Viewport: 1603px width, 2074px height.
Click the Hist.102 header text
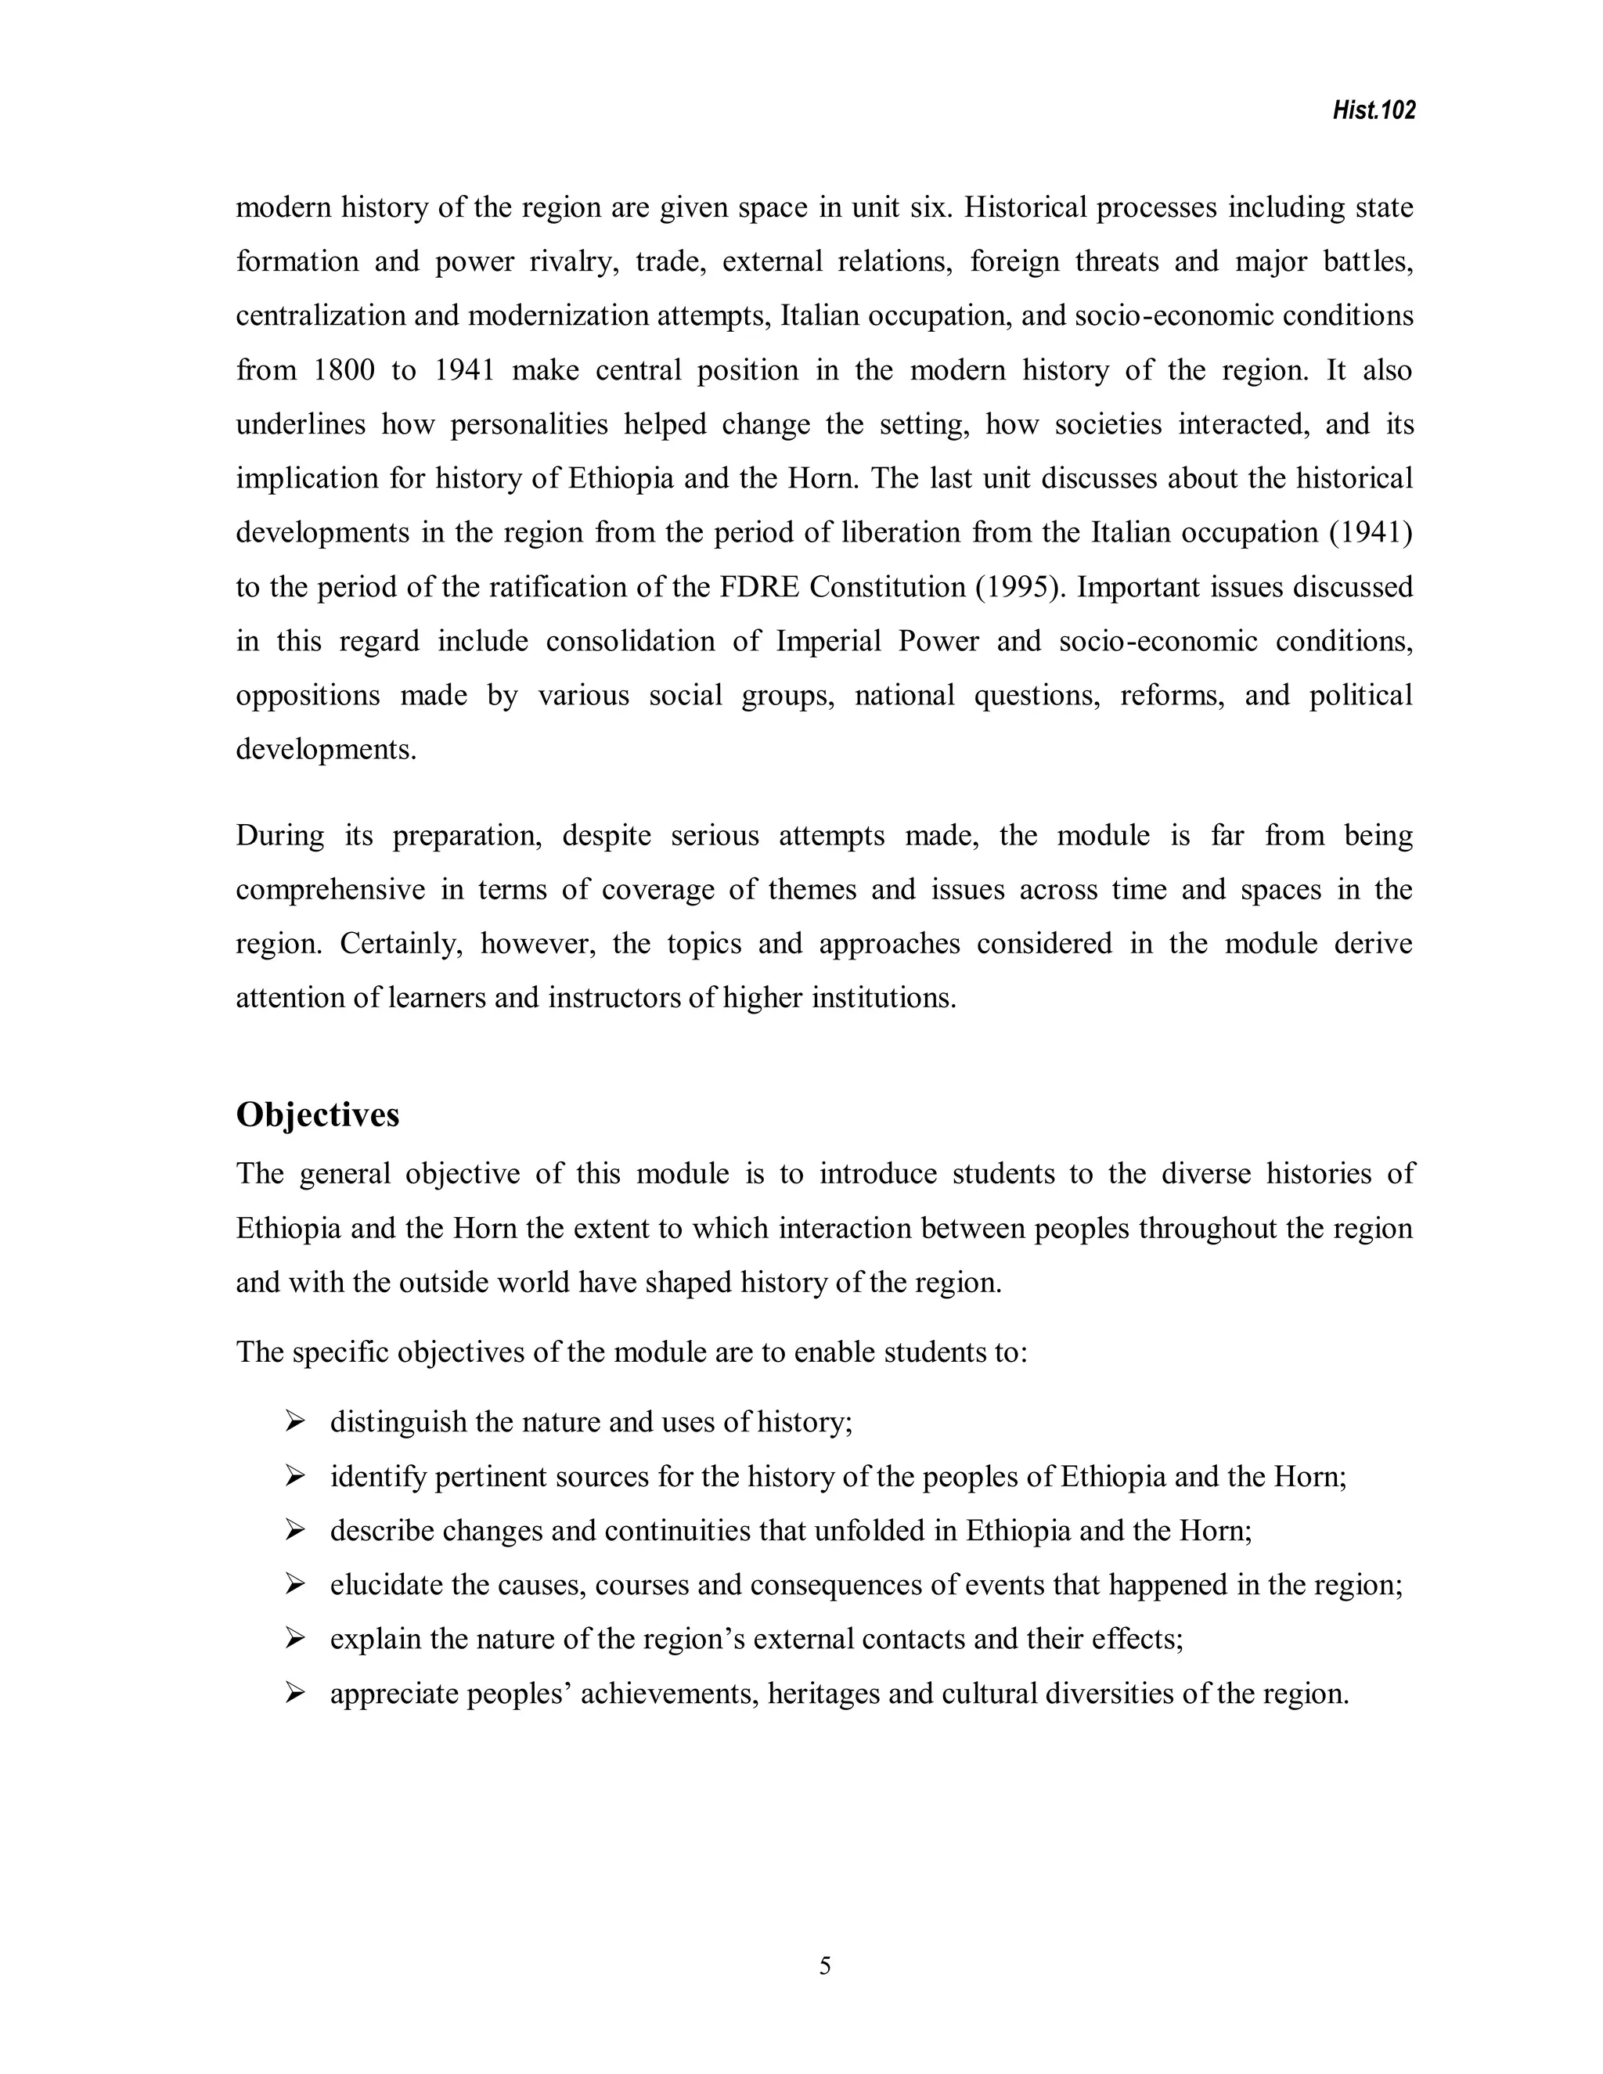pos(1373,111)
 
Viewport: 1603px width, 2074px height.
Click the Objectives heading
pos(317,1114)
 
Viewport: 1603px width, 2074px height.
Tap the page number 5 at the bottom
pos(824,1966)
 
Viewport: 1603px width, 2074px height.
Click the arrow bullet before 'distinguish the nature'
pos(294,1421)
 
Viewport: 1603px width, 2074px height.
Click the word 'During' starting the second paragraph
pos(279,836)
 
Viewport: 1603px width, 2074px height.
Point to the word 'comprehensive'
pos(329,890)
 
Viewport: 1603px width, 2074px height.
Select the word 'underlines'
pos(300,424)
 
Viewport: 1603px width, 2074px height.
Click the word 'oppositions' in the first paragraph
pos(308,696)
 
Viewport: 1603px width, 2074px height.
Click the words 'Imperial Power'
pos(877,641)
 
